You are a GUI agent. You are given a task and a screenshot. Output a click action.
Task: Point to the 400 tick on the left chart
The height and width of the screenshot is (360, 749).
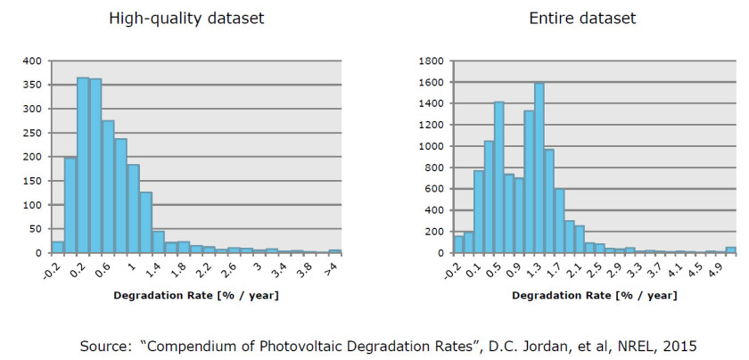coord(32,61)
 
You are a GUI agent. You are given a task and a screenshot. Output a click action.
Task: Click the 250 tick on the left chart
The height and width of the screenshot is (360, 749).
coord(32,133)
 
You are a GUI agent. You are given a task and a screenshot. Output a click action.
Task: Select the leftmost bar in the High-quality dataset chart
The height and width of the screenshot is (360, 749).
coord(58,247)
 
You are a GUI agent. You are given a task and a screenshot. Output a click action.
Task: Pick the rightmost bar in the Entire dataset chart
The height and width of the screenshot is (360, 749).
coord(730,250)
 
